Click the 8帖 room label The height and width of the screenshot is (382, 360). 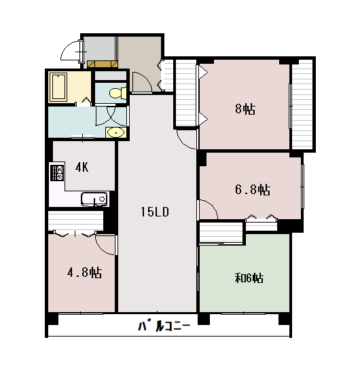(245, 109)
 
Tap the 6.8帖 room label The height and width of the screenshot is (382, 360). (253, 189)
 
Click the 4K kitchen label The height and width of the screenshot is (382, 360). (82, 167)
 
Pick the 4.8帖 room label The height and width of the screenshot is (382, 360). (84, 273)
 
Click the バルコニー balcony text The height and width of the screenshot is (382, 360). (164, 326)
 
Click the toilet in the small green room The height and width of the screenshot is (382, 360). (115, 92)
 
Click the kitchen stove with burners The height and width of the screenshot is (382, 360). (56, 172)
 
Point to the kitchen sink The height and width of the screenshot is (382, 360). (94, 199)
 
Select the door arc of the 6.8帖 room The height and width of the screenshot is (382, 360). (208, 210)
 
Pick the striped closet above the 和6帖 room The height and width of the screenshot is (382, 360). (220, 233)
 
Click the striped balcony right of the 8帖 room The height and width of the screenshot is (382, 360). (302, 104)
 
